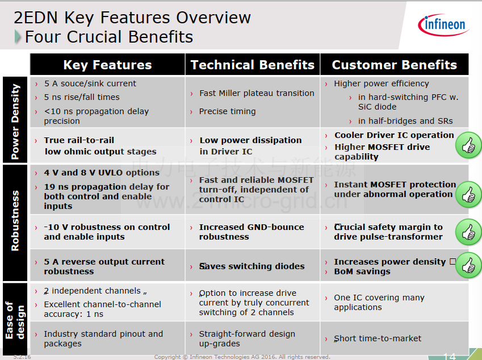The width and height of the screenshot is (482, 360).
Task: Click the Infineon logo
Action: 443,24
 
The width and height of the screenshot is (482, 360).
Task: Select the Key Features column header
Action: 108,65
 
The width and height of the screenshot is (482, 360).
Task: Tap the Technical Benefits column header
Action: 253,65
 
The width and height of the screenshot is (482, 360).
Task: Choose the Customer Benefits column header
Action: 395,65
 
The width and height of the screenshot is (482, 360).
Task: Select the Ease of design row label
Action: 15,320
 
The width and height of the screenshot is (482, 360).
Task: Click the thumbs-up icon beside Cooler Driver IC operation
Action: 468,145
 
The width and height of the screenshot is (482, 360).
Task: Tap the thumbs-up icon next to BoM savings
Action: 468,265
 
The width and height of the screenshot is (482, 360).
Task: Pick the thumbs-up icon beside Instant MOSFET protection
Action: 468,194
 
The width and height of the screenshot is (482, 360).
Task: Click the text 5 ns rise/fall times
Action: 82,97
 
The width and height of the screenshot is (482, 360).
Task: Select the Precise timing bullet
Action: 227,111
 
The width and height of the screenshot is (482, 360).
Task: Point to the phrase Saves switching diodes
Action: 252,266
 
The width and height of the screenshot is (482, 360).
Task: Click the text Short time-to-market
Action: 378,338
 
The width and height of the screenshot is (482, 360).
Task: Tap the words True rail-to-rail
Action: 79,140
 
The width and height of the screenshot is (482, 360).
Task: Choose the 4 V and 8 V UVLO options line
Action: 102,173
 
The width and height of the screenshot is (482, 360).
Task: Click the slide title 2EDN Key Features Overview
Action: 132,18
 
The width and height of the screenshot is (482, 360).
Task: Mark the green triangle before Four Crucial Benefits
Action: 18,37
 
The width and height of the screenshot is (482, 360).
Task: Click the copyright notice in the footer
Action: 242,357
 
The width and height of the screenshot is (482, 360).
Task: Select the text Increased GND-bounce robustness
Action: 252,232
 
